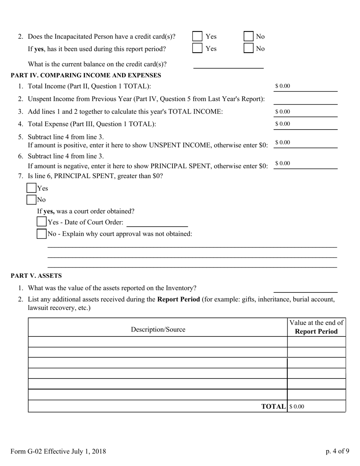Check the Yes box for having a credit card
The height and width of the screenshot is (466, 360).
[197, 36]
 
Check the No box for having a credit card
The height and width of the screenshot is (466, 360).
[248, 36]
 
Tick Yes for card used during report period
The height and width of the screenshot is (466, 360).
[197, 48]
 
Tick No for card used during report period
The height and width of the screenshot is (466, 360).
[248, 48]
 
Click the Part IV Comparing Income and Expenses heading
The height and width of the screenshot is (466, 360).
[86, 75]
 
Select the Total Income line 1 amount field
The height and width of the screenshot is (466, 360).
[305, 86]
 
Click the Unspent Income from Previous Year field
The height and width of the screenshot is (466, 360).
[305, 99]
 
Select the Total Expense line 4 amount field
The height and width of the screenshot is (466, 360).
[305, 124]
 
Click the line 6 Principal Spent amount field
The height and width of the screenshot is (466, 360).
[305, 164]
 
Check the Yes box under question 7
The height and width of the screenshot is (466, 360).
[31, 188]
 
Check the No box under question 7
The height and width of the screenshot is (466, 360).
[31, 199]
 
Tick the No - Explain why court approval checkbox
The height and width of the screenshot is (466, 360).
[41, 234]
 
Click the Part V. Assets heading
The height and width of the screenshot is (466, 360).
[36, 275]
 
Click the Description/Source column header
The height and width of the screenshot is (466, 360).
[158, 329]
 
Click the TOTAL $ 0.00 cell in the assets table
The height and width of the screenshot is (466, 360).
[316, 407]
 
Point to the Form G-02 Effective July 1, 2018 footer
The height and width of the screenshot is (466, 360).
[58, 451]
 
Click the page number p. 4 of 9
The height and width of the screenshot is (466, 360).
[337, 451]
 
